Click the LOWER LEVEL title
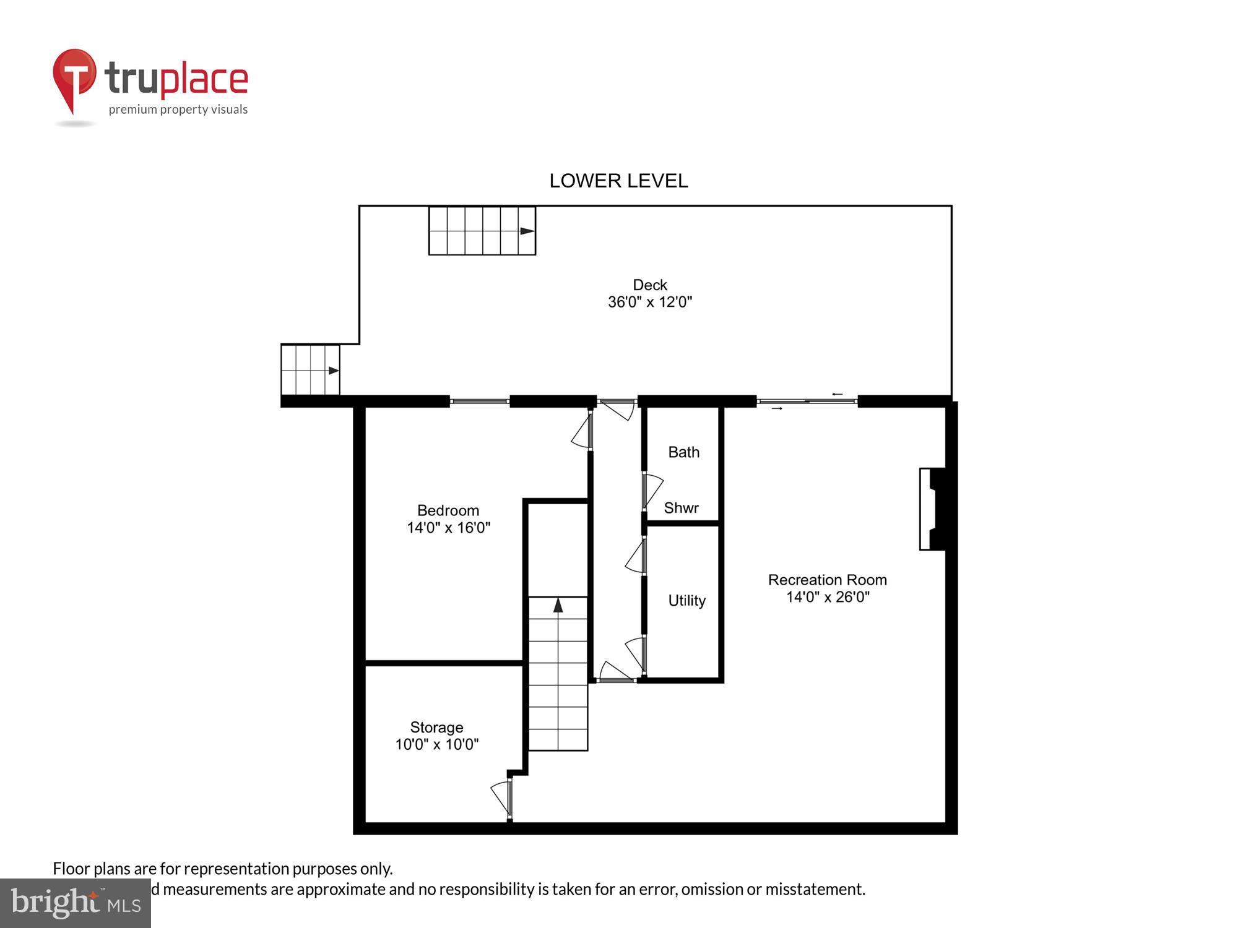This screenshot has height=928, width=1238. (x=618, y=181)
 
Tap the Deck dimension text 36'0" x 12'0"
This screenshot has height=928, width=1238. (x=649, y=302)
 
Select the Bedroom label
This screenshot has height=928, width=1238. (x=448, y=510)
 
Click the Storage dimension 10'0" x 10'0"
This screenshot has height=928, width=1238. (x=436, y=744)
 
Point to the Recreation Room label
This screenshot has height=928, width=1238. (x=827, y=580)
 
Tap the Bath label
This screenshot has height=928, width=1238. (x=683, y=452)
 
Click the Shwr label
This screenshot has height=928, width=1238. (x=681, y=508)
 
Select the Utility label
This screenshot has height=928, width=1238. (x=686, y=600)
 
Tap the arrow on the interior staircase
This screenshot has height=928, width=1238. (x=558, y=605)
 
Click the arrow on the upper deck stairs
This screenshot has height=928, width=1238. (x=527, y=231)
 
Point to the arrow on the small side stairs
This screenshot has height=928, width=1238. (x=334, y=371)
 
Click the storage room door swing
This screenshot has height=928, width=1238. (x=501, y=797)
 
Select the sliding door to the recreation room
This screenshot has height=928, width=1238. (x=807, y=402)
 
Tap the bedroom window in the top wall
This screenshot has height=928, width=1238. (x=479, y=402)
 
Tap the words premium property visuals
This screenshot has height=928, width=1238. (x=178, y=110)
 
